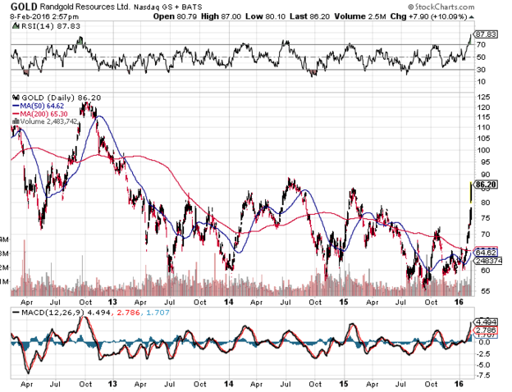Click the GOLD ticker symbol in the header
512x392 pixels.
pyautogui.click(x=21, y=6)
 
